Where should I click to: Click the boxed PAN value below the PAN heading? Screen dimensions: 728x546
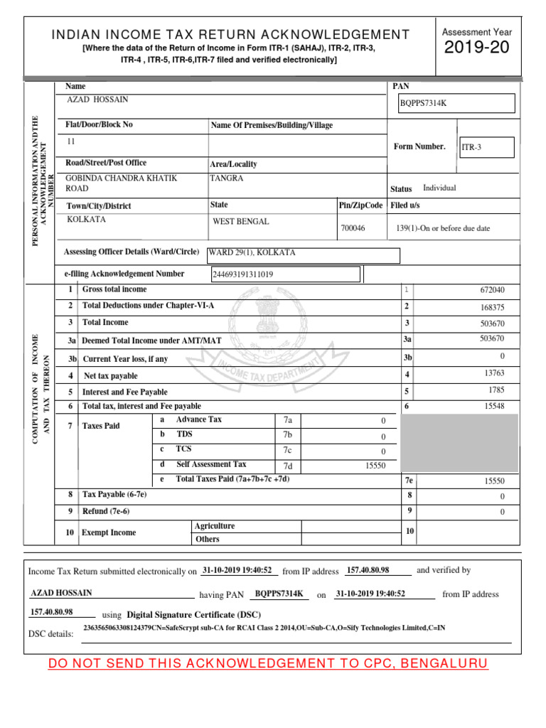pyautogui.click(x=424, y=104)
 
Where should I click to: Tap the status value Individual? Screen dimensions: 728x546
pyautogui.click(x=439, y=188)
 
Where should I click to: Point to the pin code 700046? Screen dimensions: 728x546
pyautogui.click(x=353, y=228)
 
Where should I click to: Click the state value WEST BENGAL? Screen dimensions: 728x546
pyautogui.click(x=241, y=222)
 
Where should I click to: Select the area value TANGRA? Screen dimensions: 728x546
pyautogui.click(x=226, y=178)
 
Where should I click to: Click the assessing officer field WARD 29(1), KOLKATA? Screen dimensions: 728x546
pyautogui.click(x=252, y=253)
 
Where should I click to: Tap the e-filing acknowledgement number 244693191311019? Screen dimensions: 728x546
pyautogui.click(x=243, y=274)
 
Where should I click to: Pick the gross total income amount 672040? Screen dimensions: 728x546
pyautogui.click(x=493, y=291)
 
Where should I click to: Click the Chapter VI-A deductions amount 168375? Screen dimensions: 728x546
pyautogui.click(x=493, y=308)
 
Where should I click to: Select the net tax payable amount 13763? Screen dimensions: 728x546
pyautogui.click(x=494, y=373)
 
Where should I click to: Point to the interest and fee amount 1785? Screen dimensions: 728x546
pyautogui.click(x=496, y=390)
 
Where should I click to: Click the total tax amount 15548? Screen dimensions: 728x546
pyautogui.click(x=494, y=406)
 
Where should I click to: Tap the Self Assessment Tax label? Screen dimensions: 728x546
pyautogui.click(x=211, y=464)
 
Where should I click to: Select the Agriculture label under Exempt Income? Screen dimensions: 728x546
pyautogui.click(x=215, y=526)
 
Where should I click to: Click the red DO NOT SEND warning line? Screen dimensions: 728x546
pyautogui.click(x=268, y=664)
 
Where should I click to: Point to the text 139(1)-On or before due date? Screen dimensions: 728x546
pyautogui.click(x=443, y=228)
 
